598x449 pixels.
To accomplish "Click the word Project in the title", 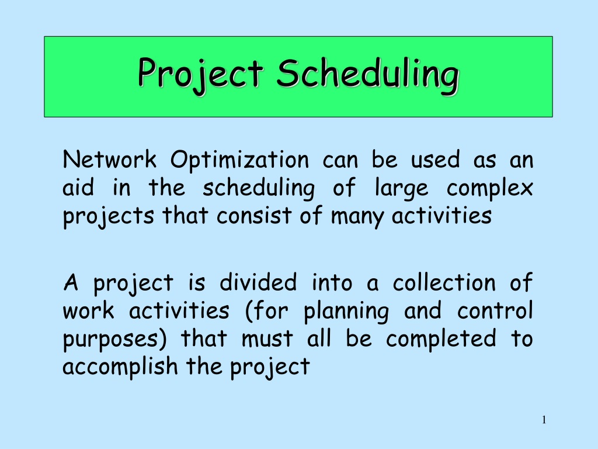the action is click(201, 74).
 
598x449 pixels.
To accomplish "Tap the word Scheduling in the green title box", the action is click(368, 74).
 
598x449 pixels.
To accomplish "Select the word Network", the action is click(110, 159).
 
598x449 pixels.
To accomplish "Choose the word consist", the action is click(255, 216).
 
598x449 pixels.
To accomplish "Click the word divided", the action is click(258, 282).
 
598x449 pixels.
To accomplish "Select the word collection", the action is click(444, 282).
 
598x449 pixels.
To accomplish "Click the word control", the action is click(495, 310).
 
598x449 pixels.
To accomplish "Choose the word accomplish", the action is click(120, 367).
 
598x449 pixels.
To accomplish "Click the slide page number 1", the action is click(544, 420).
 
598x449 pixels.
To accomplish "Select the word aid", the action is click(78, 187).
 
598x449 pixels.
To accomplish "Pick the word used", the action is click(435, 159).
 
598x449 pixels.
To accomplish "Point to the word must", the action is click(267, 339).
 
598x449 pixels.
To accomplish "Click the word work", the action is click(89, 310).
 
